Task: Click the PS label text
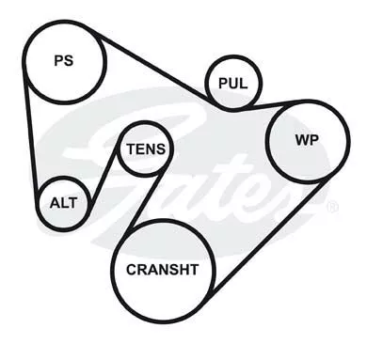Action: (64, 60)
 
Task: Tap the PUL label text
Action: (232, 84)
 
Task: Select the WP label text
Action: (307, 140)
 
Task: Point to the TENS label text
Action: (146, 149)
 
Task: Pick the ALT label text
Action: (63, 203)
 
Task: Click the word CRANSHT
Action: (163, 270)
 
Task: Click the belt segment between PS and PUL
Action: (153, 68)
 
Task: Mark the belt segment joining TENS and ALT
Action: (104, 176)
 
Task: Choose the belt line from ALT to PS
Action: (31, 134)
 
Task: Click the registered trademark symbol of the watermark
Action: (332, 207)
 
